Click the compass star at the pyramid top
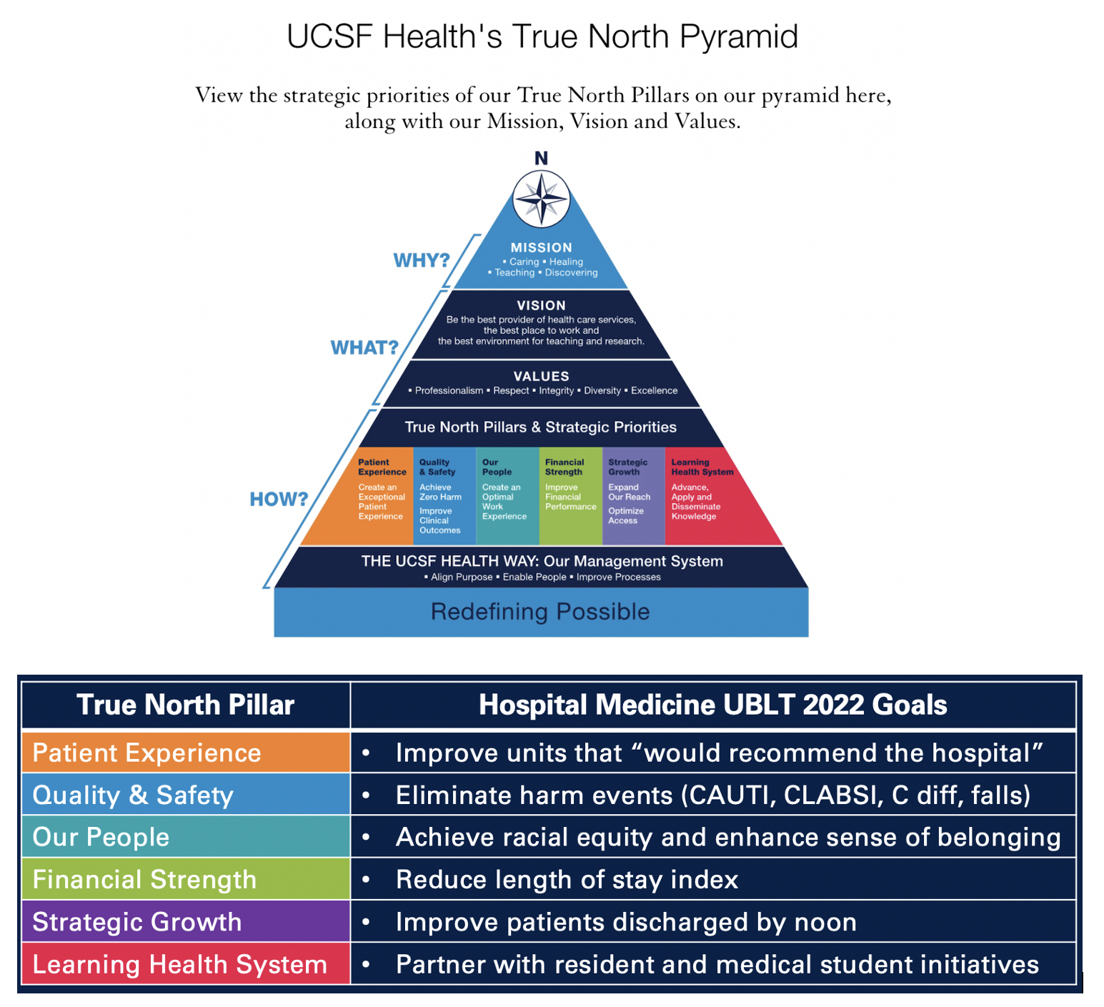click(x=541, y=199)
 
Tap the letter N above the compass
click(x=541, y=158)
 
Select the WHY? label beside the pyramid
click(x=422, y=260)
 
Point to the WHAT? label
click(x=364, y=347)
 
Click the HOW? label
click(x=279, y=499)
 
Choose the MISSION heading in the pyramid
click(x=541, y=247)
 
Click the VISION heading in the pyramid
click(x=541, y=305)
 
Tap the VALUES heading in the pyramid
click(x=541, y=376)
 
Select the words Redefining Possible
click(x=540, y=612)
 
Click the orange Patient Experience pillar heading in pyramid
click(x=382, y=467)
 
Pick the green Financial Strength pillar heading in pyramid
click(x=565, y=467)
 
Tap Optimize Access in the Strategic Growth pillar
click(x=625, y=515)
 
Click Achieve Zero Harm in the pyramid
click(x=440, y=492)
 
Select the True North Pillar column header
click(x=185, y=705)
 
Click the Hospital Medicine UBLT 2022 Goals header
click(x=712, y=705)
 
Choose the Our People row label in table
click(x=101, y=837)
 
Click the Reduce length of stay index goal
click(x=567, y=880)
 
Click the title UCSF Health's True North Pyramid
click(x=542, y=36)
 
